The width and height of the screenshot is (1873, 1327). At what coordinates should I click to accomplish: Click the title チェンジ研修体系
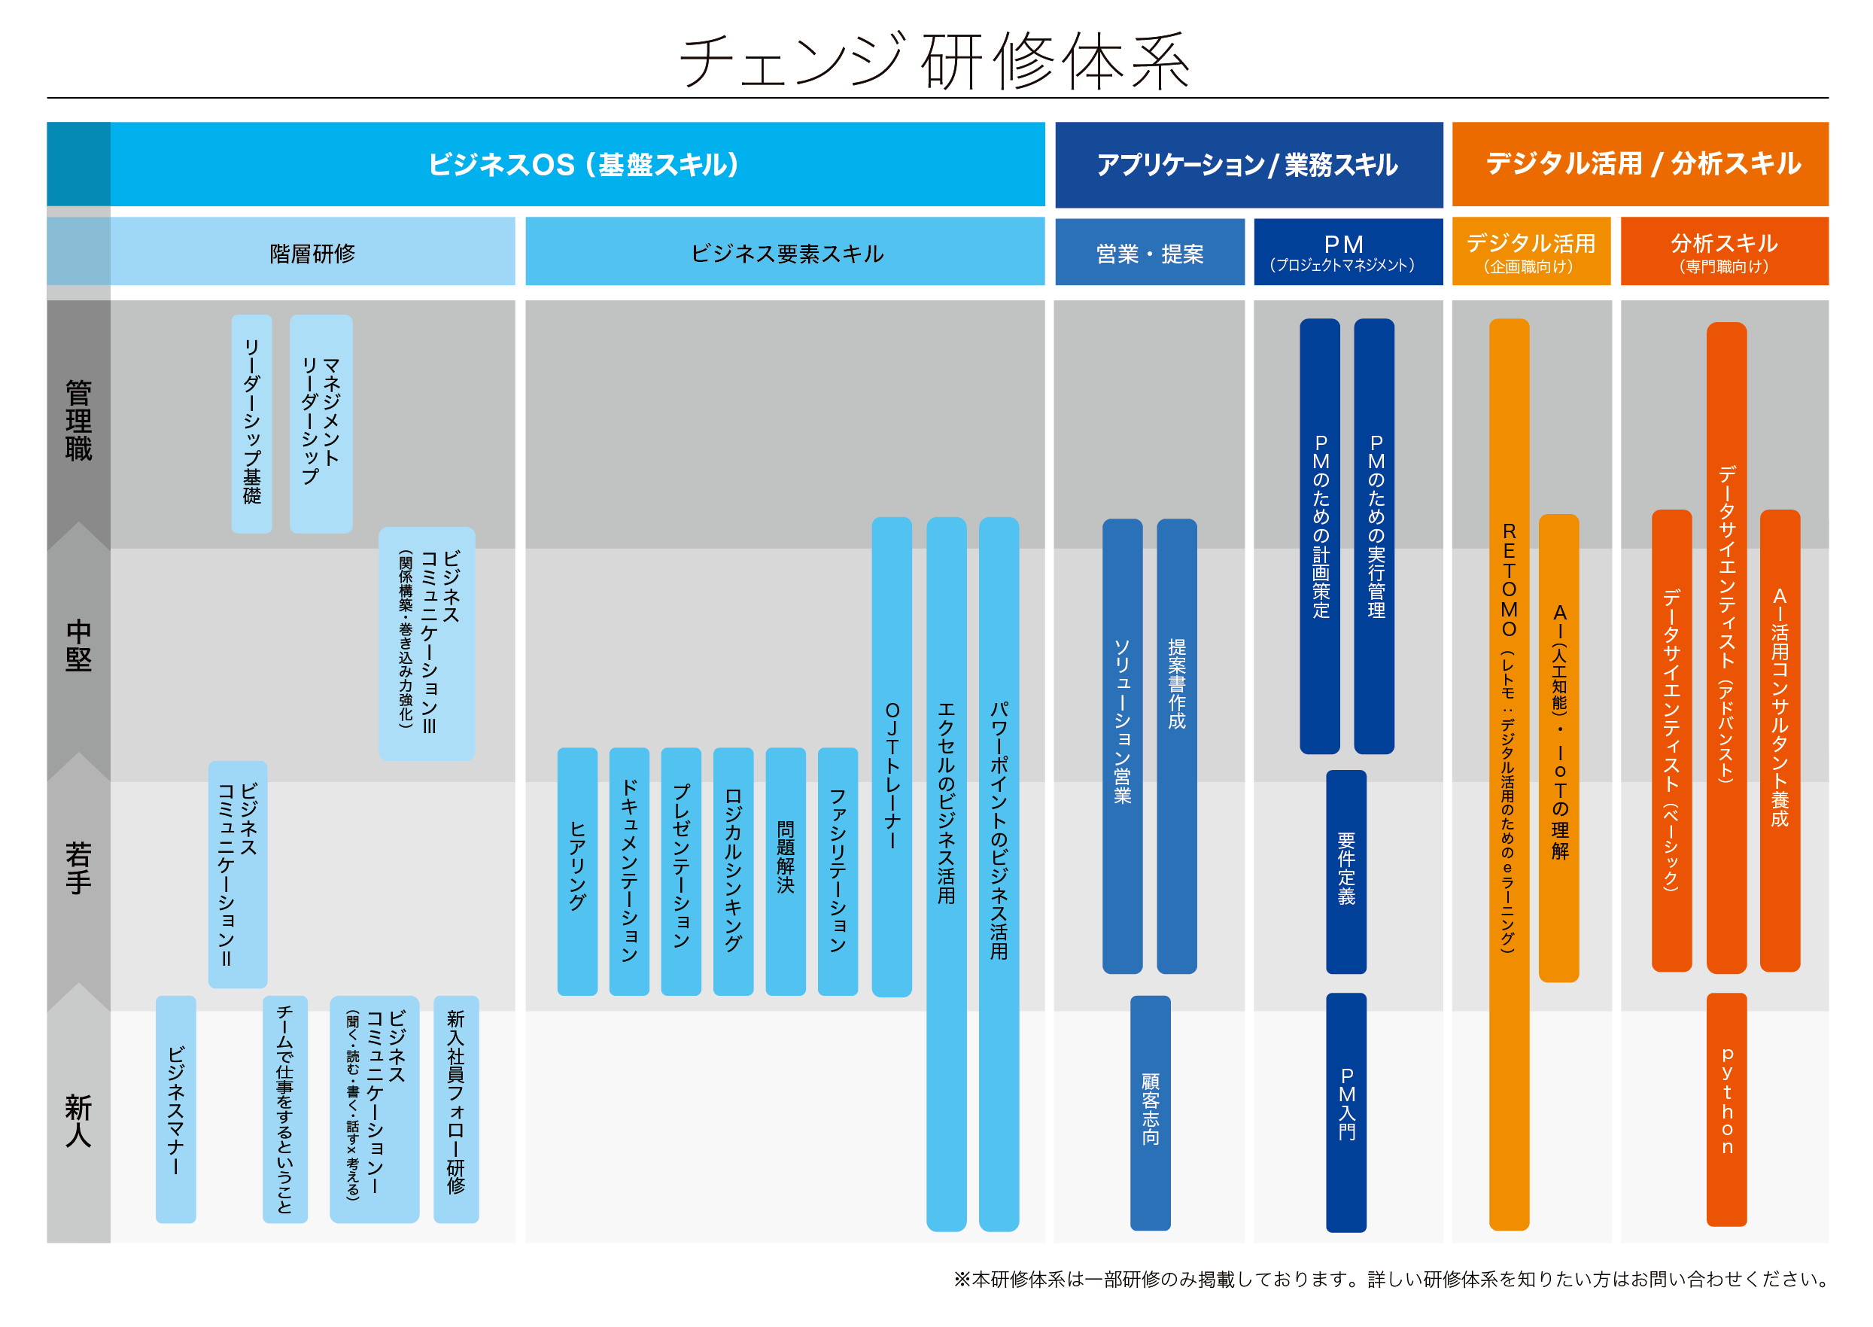coord(935,60)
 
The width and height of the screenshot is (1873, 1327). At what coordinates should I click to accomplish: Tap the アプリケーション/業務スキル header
coord(1248,164)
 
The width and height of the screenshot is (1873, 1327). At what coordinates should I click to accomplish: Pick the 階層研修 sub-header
coord(312,254)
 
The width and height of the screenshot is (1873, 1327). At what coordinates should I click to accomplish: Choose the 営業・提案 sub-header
coord(1148,254)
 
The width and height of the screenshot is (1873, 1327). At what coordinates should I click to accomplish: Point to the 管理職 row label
coord(78,420)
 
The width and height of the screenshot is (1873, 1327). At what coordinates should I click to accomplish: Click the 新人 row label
coord(78,1120)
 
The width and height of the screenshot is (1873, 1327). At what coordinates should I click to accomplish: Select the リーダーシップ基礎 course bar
coord(251,423)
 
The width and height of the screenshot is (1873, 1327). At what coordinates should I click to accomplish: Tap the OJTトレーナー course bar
coord(891,756)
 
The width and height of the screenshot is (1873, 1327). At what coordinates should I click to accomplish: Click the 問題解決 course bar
coord(785,870)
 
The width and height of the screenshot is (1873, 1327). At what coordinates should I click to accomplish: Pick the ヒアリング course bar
coord(576,870)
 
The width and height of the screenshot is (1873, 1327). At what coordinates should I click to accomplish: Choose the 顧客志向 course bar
coord(1150,1111)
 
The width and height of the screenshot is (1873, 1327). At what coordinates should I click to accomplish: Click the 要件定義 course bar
coord(1346,871)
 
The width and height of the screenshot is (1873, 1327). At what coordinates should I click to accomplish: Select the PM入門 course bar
coord(1346,1111)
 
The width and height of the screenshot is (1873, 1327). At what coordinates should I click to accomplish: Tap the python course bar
coord(1726,1109)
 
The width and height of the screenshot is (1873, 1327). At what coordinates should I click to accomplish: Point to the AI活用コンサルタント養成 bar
coord(1779,739)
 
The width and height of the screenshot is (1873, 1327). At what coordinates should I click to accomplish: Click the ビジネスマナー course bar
coord(175,1109)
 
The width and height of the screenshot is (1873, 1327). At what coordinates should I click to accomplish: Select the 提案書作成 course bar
coord(1176,745)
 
